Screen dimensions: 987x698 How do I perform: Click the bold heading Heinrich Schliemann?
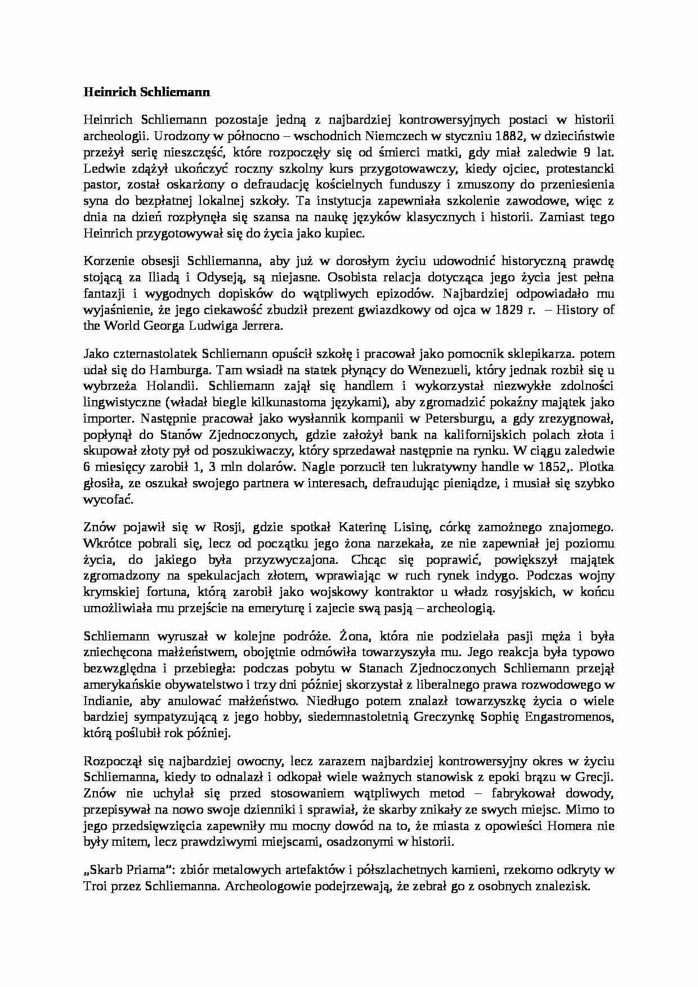146,92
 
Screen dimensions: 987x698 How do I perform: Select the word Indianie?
105,701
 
